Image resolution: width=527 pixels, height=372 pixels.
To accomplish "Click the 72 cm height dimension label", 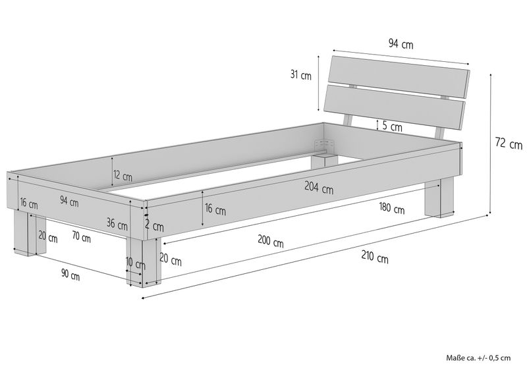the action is [x=509, y=144].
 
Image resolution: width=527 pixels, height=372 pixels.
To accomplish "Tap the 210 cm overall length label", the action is [x=375, y=257].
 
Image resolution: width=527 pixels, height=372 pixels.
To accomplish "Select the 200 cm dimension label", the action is [x=271, y=241].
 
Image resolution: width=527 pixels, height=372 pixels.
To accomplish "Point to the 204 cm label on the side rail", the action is [x=319, y=188].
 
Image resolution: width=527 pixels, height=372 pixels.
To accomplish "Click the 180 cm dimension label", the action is [x=391, y=208].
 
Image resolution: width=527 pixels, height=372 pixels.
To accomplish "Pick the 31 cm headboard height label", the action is [x=301, y=74].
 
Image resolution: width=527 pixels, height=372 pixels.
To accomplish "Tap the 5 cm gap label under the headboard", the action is [x=392, y=126].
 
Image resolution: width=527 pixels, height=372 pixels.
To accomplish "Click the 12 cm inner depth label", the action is [x=123, y=175].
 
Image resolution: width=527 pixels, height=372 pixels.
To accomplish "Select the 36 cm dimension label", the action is [x=117, y=223].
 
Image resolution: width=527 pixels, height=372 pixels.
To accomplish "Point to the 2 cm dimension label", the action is [x=154, y=226].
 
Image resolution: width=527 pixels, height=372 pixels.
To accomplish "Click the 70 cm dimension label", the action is [x=81, y=237].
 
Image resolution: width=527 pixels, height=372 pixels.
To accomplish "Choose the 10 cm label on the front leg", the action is [x=136, y=263].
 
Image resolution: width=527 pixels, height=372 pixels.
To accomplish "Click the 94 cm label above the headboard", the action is [x=401, y=43].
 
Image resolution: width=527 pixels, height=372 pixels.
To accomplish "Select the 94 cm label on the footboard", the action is [x=69, y=201].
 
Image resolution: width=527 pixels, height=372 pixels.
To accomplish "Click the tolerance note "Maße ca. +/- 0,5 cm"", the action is [x=478, y=358].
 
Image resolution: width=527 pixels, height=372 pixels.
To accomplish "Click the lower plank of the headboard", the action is [x=395, y=107].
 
